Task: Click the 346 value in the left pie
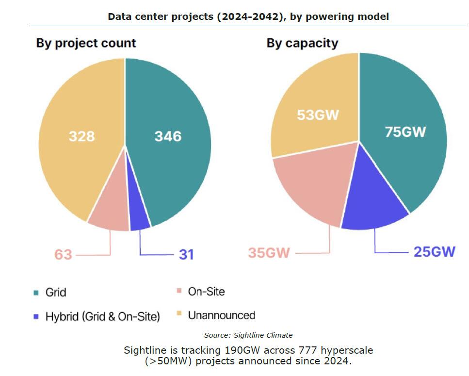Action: click(x=168, y=136)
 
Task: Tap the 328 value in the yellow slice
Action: click(x=81, y=136)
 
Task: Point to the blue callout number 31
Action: click(x=186, y=254)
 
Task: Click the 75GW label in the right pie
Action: click(x=405, y=131)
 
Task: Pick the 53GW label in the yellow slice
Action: click(x=318, y=115)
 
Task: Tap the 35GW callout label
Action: click(x=269, y=253)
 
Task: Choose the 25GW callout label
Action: click(x=434, y=252)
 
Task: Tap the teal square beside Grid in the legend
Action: click(x=36, y=293)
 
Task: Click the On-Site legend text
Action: click(x=206, y=292)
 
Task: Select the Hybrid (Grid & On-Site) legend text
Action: click(x=102, y=317)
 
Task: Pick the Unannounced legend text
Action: click(x=221, y=315)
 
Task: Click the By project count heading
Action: click(x=86, y=43)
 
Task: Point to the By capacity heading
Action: click(x=302, y=43)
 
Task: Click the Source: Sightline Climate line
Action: click(x=248, y=335)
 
